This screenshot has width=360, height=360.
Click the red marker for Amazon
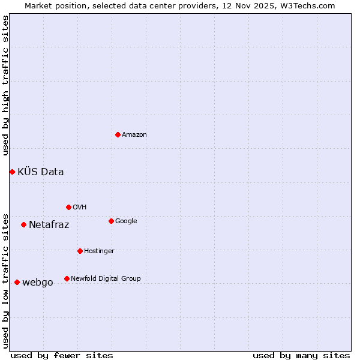pyautogui.click(x=118, y=134)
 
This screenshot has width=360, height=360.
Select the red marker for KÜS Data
pyautogui.click(x=12, y=172)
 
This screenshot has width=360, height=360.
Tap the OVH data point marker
pyautogui.click(x=68, y=207)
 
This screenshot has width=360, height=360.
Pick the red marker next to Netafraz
pyautogui.click(x=23, y=225)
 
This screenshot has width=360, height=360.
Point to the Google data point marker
pyautogui.click(x=111, y=221)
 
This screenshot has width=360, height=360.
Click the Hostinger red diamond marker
pyautogui.click(x=80, y=251)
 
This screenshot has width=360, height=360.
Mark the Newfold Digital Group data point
pyautogui.click(x=67, y=278)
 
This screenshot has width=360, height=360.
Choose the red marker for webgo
pyautogui.click(x=17, y=283)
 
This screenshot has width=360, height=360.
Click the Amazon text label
pyautogui.click(x=134, y=134)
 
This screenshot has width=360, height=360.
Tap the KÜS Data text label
pyautogui.click(x=41, y=172)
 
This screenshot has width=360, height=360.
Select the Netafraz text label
pyautogui.click(x=49, y=225)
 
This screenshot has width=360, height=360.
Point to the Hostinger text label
pyautogui.click(x=99, y=251)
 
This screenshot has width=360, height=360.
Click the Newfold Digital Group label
pyautogui.click(x=106, y=278)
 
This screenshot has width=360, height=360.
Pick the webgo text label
pyautogui.click(x=38, y=283)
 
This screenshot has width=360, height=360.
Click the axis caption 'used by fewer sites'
pyautogui.click(x=62, y=355)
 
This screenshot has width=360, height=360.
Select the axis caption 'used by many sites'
pyautogui.click(x=301, y=355)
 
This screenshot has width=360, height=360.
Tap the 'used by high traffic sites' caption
pyautogui.click(x=5, y=85)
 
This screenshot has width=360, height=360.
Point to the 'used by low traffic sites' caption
pyautogui.click(x=5, y=280)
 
